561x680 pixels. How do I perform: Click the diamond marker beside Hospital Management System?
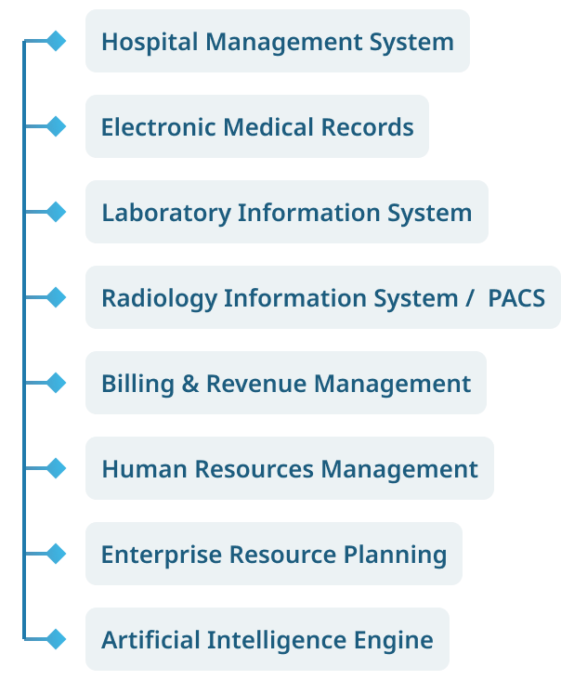[x=56, y=41]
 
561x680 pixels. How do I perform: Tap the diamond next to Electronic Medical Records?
[x=56, y=126]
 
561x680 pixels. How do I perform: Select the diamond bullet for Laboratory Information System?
[x=56, y=212]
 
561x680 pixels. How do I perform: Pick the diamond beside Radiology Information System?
[x=56, y=297]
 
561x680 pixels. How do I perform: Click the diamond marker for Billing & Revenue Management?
[x=56, y=383]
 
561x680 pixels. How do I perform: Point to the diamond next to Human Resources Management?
[x=56, y=468]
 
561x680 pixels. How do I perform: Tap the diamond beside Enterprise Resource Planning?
[x=56, y=554]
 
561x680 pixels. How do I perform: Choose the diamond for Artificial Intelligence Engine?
[x=56, y=639]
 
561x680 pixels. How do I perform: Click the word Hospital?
[x=150, y=42]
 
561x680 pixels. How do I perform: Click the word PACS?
[x=516, y=298]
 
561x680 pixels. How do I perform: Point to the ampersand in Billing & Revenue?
[x=189, y=384]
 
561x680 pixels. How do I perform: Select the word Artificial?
[x=150, y=640]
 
